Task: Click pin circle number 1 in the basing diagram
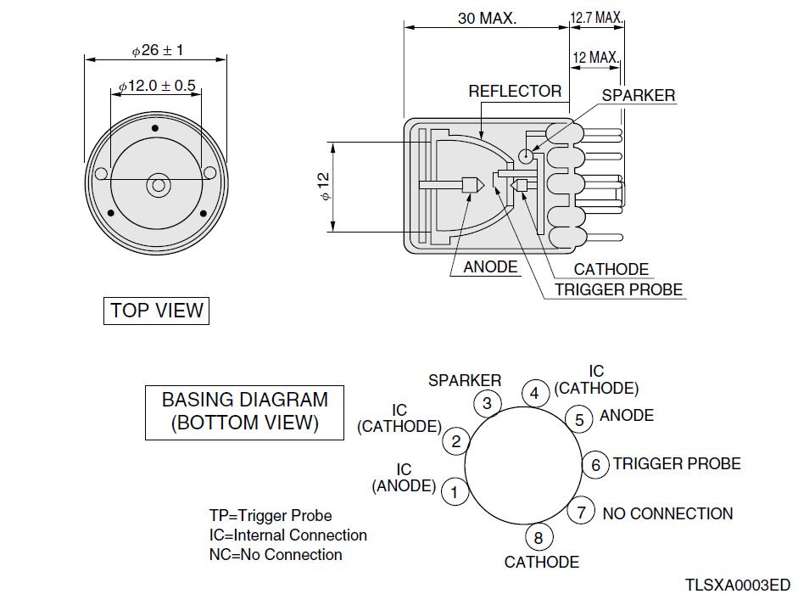click(455, 491)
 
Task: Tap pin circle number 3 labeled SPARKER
click(487, 403)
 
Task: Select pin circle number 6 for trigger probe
click(595, 464)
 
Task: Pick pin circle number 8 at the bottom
click(539, 537)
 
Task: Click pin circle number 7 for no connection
click(581, 513)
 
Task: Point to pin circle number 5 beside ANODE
click(578, 418)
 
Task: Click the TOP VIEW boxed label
click(156, 311)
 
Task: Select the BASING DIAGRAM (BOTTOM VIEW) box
click(244, 412)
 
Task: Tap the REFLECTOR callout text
click(515, 91)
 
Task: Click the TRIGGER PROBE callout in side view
click(619, 289)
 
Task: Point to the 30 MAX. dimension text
click(486, 18)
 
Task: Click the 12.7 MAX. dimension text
click(597, 17)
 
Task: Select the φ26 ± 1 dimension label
click(158, 50)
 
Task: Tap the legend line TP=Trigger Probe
click(271, 515)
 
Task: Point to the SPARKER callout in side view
click(639, 95)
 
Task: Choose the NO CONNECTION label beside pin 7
click(667, 513)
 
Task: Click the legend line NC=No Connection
click(276, 555)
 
